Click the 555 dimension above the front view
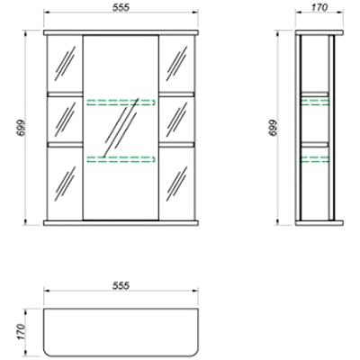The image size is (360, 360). click(x=121, y=8)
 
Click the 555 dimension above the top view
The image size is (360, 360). click(x=121, y=286)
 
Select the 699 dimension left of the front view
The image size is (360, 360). click(x=22, y=128)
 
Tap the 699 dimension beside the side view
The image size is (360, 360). click(x=273, y=128)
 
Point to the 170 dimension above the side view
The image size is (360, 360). click(x=319, y=7)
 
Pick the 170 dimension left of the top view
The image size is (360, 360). click(x=22, y=331)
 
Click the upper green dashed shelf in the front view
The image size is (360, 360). click(x=121, y=103)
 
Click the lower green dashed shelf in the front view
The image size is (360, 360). click(x=121, y=159)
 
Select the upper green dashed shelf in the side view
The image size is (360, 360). click(x=315, y=103)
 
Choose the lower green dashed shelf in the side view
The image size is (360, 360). click(x=315, y=159)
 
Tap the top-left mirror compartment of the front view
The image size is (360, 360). click(x=65, y=64)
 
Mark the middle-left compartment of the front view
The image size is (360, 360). click(x=65, y=120)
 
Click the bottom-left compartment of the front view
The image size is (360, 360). click(x=65, y=184)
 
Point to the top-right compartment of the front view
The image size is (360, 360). click(x=176, y=64)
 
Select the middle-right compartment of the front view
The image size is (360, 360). click(x=176, y=120)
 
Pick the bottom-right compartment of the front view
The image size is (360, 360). click(x=176, y=184)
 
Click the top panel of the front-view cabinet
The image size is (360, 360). click(x=121, y=32)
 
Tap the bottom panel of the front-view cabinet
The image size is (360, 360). click(x=121, y=223)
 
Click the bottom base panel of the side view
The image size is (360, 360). click(x=319, y=223)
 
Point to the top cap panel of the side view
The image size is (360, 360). click(x=319, y=32)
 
